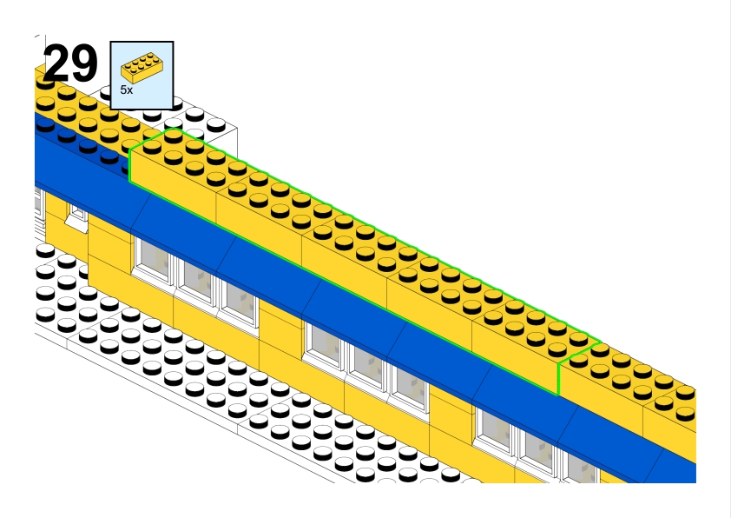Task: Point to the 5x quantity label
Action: [x=127, y=90]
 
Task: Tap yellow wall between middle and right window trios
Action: [x=451, y=413]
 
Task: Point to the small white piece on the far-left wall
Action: [x=77, y=218]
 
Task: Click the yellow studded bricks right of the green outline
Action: [x=642, y=382]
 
